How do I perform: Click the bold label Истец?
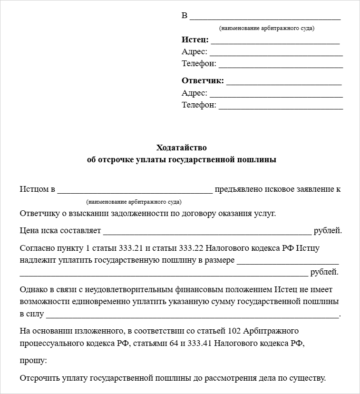click(195, 39)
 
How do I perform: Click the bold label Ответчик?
click(203, 81)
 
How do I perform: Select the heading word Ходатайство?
click(181, 148)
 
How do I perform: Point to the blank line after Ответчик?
click(284, 84)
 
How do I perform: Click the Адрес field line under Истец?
click(276, 55)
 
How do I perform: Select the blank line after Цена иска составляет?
click(207, 234)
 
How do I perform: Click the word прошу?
click(33, 361)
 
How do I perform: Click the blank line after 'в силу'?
click(193, 317)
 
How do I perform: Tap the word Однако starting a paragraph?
click(33, 289)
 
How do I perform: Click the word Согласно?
click(36, 248)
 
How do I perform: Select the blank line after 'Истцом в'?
click(135, 193)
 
